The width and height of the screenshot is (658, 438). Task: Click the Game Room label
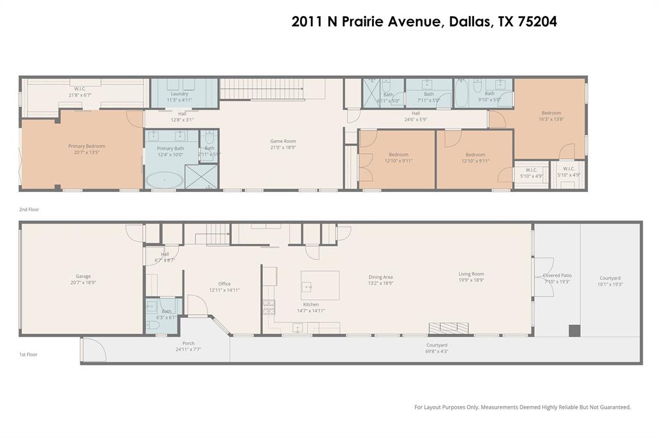click(x=283, y=144)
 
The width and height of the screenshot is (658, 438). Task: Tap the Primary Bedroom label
click(x=87, y=149)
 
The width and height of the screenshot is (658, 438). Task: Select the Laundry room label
click(x=180, y=97)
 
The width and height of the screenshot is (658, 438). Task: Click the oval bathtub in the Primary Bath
click(x=164, y=180)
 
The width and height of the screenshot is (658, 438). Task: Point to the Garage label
click(x=83, y=279)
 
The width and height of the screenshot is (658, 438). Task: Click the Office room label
click(x=224, y=286)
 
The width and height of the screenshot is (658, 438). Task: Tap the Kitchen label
click(x=310, y=307)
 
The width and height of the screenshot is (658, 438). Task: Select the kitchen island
click(x=320, y=285)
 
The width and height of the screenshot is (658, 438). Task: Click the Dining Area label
click(x=380, y=279)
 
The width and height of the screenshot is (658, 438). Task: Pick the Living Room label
click(x=471, y=277)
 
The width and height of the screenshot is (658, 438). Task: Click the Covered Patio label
click(x=556, y=278)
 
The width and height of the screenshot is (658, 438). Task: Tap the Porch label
click(x=188, y=346)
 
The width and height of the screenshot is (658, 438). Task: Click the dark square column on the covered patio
click(x=574, y=331)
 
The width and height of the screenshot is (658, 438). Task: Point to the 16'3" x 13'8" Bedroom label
click(x=551, y=116)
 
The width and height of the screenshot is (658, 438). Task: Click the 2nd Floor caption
click(x=30, y=209)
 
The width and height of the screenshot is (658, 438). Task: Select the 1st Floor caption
click(x=28, y=354)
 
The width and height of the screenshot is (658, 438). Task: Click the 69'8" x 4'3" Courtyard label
click(x=436, y=348)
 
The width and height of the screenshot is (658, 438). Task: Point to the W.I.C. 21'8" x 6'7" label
click(x=80, y=92)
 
